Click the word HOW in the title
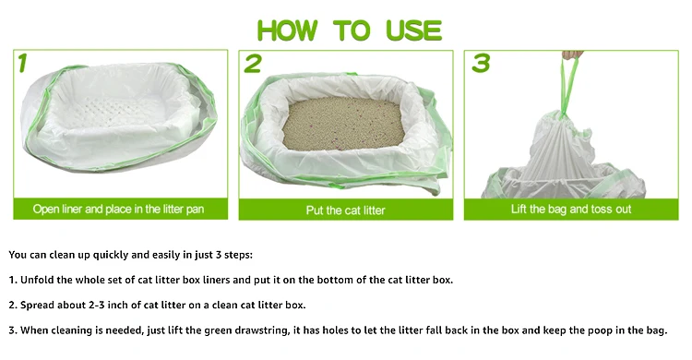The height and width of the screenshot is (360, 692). coord(287,30)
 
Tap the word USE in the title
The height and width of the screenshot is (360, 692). coord(413,30)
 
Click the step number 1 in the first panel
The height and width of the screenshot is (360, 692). coord(23,63)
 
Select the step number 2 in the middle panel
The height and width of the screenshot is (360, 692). coord(253,64)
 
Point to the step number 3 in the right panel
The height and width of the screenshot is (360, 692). coord(481,63)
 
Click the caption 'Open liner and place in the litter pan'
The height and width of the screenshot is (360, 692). coord(118,209)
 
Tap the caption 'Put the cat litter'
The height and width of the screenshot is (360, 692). coord(346,210)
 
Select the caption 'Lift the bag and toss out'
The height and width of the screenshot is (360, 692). coord(571,209)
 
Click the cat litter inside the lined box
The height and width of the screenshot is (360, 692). coord(343,124)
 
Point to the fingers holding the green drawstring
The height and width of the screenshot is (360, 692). coord(573,54)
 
